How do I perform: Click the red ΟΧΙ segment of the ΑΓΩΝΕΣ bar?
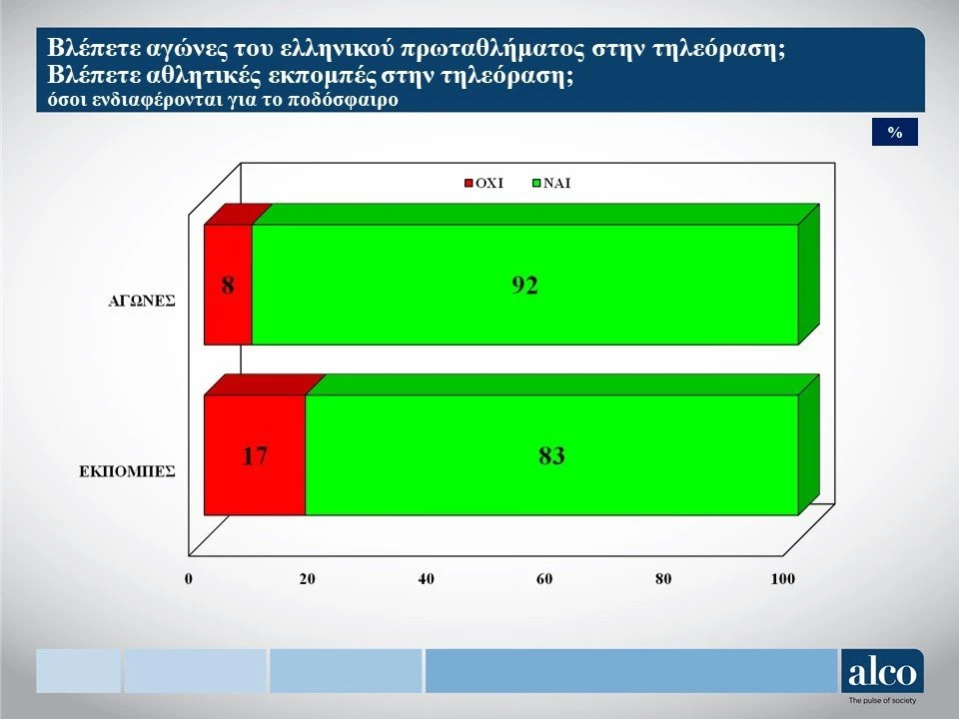point(228,285)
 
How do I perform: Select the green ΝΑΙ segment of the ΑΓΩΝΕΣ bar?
point(524,285)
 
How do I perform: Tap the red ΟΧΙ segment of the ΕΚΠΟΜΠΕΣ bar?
point(255,455)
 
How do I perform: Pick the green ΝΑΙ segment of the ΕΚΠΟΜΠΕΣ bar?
point(551,455)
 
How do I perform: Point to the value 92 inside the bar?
point(524,286)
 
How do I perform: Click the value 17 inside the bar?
point(255,456)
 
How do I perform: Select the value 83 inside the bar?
point(551,456)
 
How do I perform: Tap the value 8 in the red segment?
point(228,286)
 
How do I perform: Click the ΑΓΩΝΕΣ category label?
point(141,301)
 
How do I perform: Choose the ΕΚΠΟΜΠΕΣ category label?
point(127,471)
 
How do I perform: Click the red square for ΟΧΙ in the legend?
point(470,184)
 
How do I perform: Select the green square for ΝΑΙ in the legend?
point(537,184)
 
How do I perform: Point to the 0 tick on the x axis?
point(189,579)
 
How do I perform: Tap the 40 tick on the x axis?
point(426,579)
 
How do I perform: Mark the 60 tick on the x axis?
point(544,579)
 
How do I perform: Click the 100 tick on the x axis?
point(783,579)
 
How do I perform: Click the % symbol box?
point(895,132)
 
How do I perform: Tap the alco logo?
point(882,671)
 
